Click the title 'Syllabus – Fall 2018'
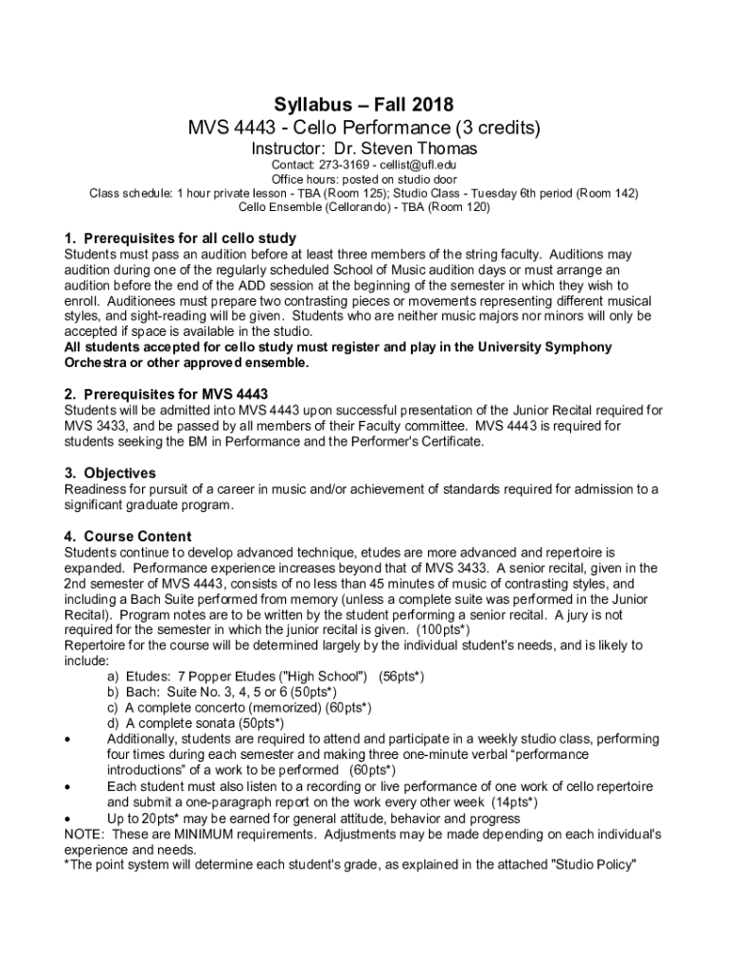(364, 104)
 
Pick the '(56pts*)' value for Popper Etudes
(400, 676)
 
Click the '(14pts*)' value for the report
(521, 802)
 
